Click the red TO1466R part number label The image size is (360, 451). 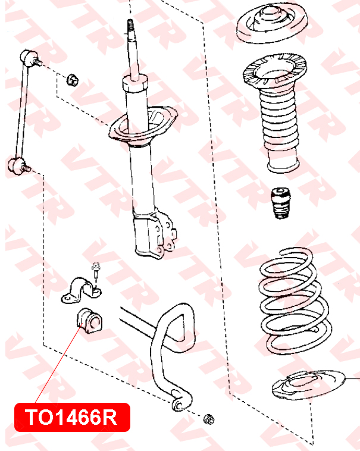coord(72,417)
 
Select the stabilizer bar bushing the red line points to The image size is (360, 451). coord(90,321)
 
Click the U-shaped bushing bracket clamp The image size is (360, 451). coord(82,290)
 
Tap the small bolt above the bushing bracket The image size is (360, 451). coord(96,270)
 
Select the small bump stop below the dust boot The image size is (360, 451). coord(281,203)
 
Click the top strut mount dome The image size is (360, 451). coord(272,23)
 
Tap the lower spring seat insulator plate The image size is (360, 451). coord(308,385)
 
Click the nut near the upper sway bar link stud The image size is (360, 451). coord(73,80)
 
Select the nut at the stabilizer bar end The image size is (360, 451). coord(208,419)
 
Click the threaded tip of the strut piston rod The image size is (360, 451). coord(130,26)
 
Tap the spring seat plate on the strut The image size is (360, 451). coord(143,124)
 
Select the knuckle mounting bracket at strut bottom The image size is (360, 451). coord(154,234)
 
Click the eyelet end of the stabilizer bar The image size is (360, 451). coord(179,404)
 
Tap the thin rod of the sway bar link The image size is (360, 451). coord(22,112)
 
